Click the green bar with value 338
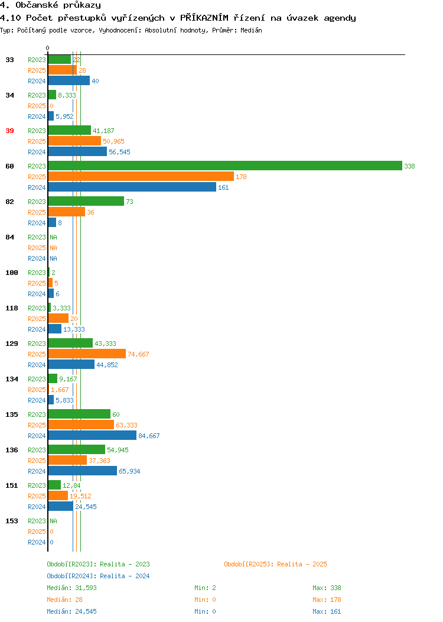[x=225, y=166]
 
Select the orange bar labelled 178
[x=141, y=177]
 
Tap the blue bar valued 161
[x=132, y=187]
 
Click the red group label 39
[x=9, y=131]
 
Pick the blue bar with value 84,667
[x=92, y=436]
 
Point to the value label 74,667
[x=138, y=354]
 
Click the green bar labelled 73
[x=86, y=202]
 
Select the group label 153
[x=11, y=521]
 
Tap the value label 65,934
[x=129, y=471]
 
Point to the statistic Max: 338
[x=327, y=588]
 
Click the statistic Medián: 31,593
[x=71, y=588]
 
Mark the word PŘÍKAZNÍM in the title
[x=204, y=18]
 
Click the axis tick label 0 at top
[x=48, y=48]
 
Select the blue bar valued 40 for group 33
[x=69, y=81]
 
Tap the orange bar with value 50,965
[x=74, y=141]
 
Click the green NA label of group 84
[x=54, y=237]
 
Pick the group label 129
[x=11, y=344]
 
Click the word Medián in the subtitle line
[x=251, y=30]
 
